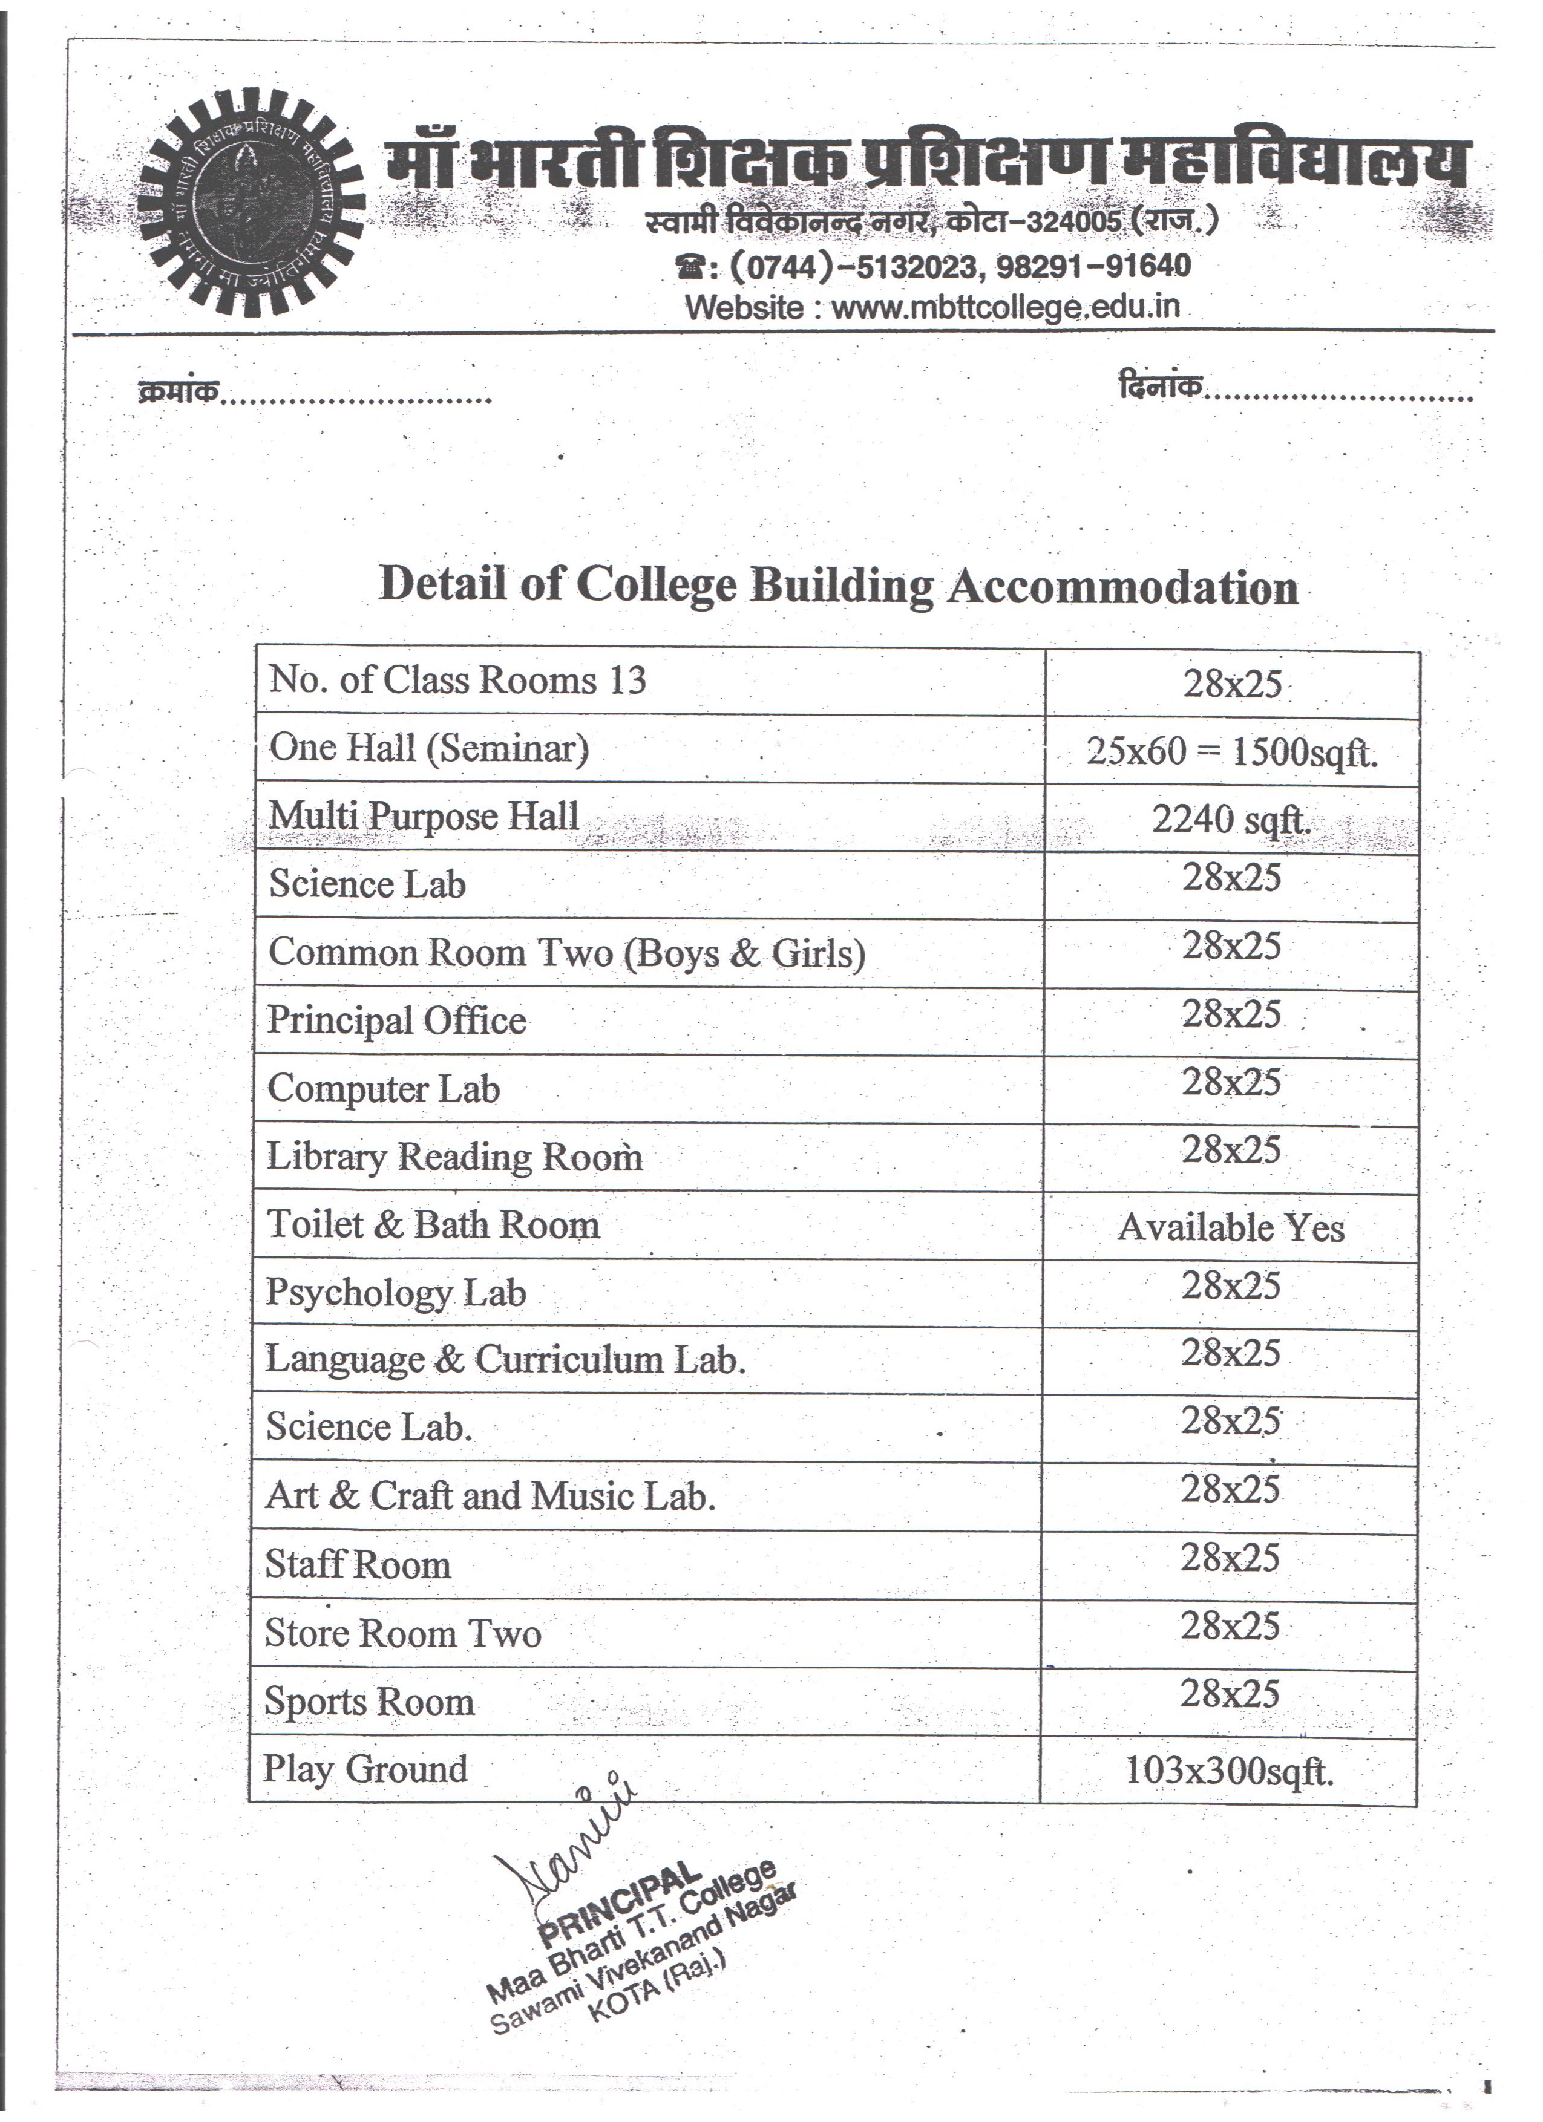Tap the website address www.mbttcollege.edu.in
tap(1005, 308)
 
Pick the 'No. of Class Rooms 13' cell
tap(457, 680)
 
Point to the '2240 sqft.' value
tap(1230, 820)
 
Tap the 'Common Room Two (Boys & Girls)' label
tap(566, 953)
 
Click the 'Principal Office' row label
tap(397, 1020)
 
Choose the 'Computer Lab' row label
tap(384, 1089)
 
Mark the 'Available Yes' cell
tap(1231, 1227)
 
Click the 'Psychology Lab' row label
tap(396, 1293)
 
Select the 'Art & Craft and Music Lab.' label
tap(490, 1496)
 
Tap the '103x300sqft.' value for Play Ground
tap(1228, 1770)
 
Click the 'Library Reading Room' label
tap(455, 1157)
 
